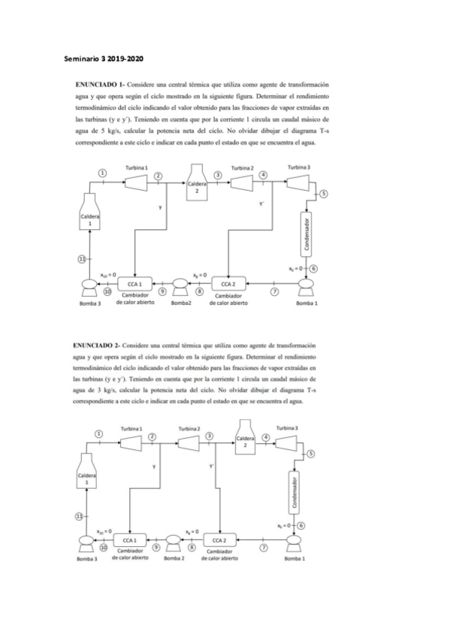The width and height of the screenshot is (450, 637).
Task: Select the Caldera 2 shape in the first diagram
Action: click(x=196, y=184)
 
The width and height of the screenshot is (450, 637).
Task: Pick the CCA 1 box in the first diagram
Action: click(x=134, y=283)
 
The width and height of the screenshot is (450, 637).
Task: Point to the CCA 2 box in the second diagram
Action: click(x=218, y=539)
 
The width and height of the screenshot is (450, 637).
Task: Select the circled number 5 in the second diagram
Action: click(x=310, y=454)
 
